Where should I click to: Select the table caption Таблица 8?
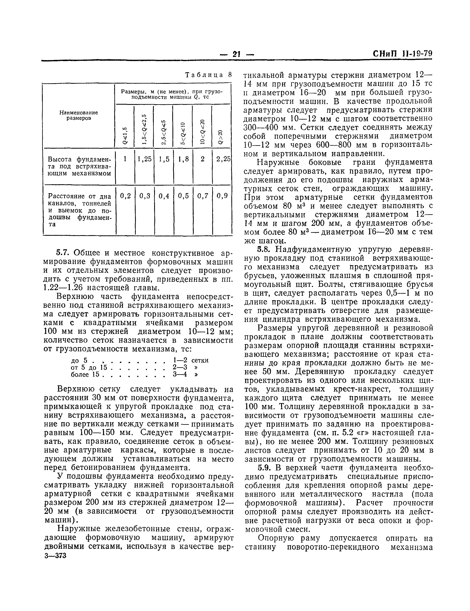(x=209, y=75)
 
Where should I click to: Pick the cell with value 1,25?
(x=144, y=159)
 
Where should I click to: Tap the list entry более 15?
(x=85, y=374)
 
